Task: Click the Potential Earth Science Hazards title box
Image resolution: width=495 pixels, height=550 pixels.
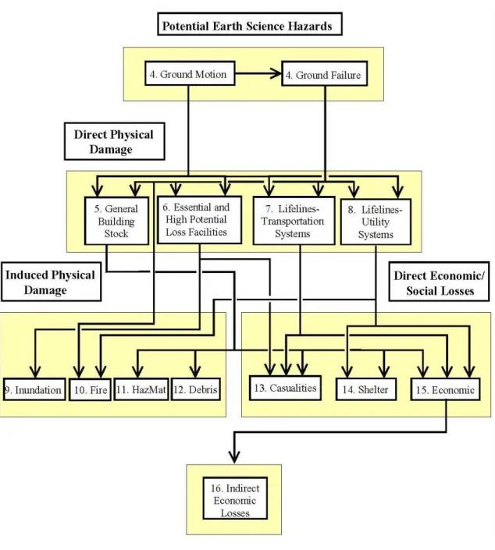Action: click(250, 24)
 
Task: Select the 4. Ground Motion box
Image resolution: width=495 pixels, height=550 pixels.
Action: click(190, 73)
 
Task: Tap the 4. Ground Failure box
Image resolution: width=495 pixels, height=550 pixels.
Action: click(324, 73)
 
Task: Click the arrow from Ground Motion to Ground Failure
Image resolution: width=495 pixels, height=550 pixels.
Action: click(258, 73)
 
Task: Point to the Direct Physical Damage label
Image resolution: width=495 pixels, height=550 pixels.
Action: click(115, 141)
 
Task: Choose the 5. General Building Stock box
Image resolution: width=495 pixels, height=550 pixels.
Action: click(116, 221)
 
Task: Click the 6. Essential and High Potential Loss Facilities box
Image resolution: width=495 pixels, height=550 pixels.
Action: click(199, 219)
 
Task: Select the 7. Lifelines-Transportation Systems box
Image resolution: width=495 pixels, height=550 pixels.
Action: click(294, 221)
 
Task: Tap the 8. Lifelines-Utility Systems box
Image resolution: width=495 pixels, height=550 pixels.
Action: click(376, 222)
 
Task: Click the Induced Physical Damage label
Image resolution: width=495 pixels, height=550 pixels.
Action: click(51, 282)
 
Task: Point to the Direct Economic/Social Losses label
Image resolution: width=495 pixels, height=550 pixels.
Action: click(439, 282)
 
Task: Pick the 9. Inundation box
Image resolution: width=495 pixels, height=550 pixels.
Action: click(34, 389)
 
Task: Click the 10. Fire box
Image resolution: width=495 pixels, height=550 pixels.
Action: click(91, 389)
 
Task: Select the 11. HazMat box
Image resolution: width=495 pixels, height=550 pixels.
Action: click(141, 389)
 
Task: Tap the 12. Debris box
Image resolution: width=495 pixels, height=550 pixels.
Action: click(195, 389)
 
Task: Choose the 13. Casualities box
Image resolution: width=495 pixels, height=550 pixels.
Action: click(285, 388)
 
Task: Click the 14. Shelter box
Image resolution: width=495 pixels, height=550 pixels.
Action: click(366, 389)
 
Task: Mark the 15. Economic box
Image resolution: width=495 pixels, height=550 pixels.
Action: click(445, 389)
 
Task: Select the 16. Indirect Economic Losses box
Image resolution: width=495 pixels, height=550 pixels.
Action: click(235, 498)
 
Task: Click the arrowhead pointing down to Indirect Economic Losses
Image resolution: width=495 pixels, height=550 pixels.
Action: click(234, 456)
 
